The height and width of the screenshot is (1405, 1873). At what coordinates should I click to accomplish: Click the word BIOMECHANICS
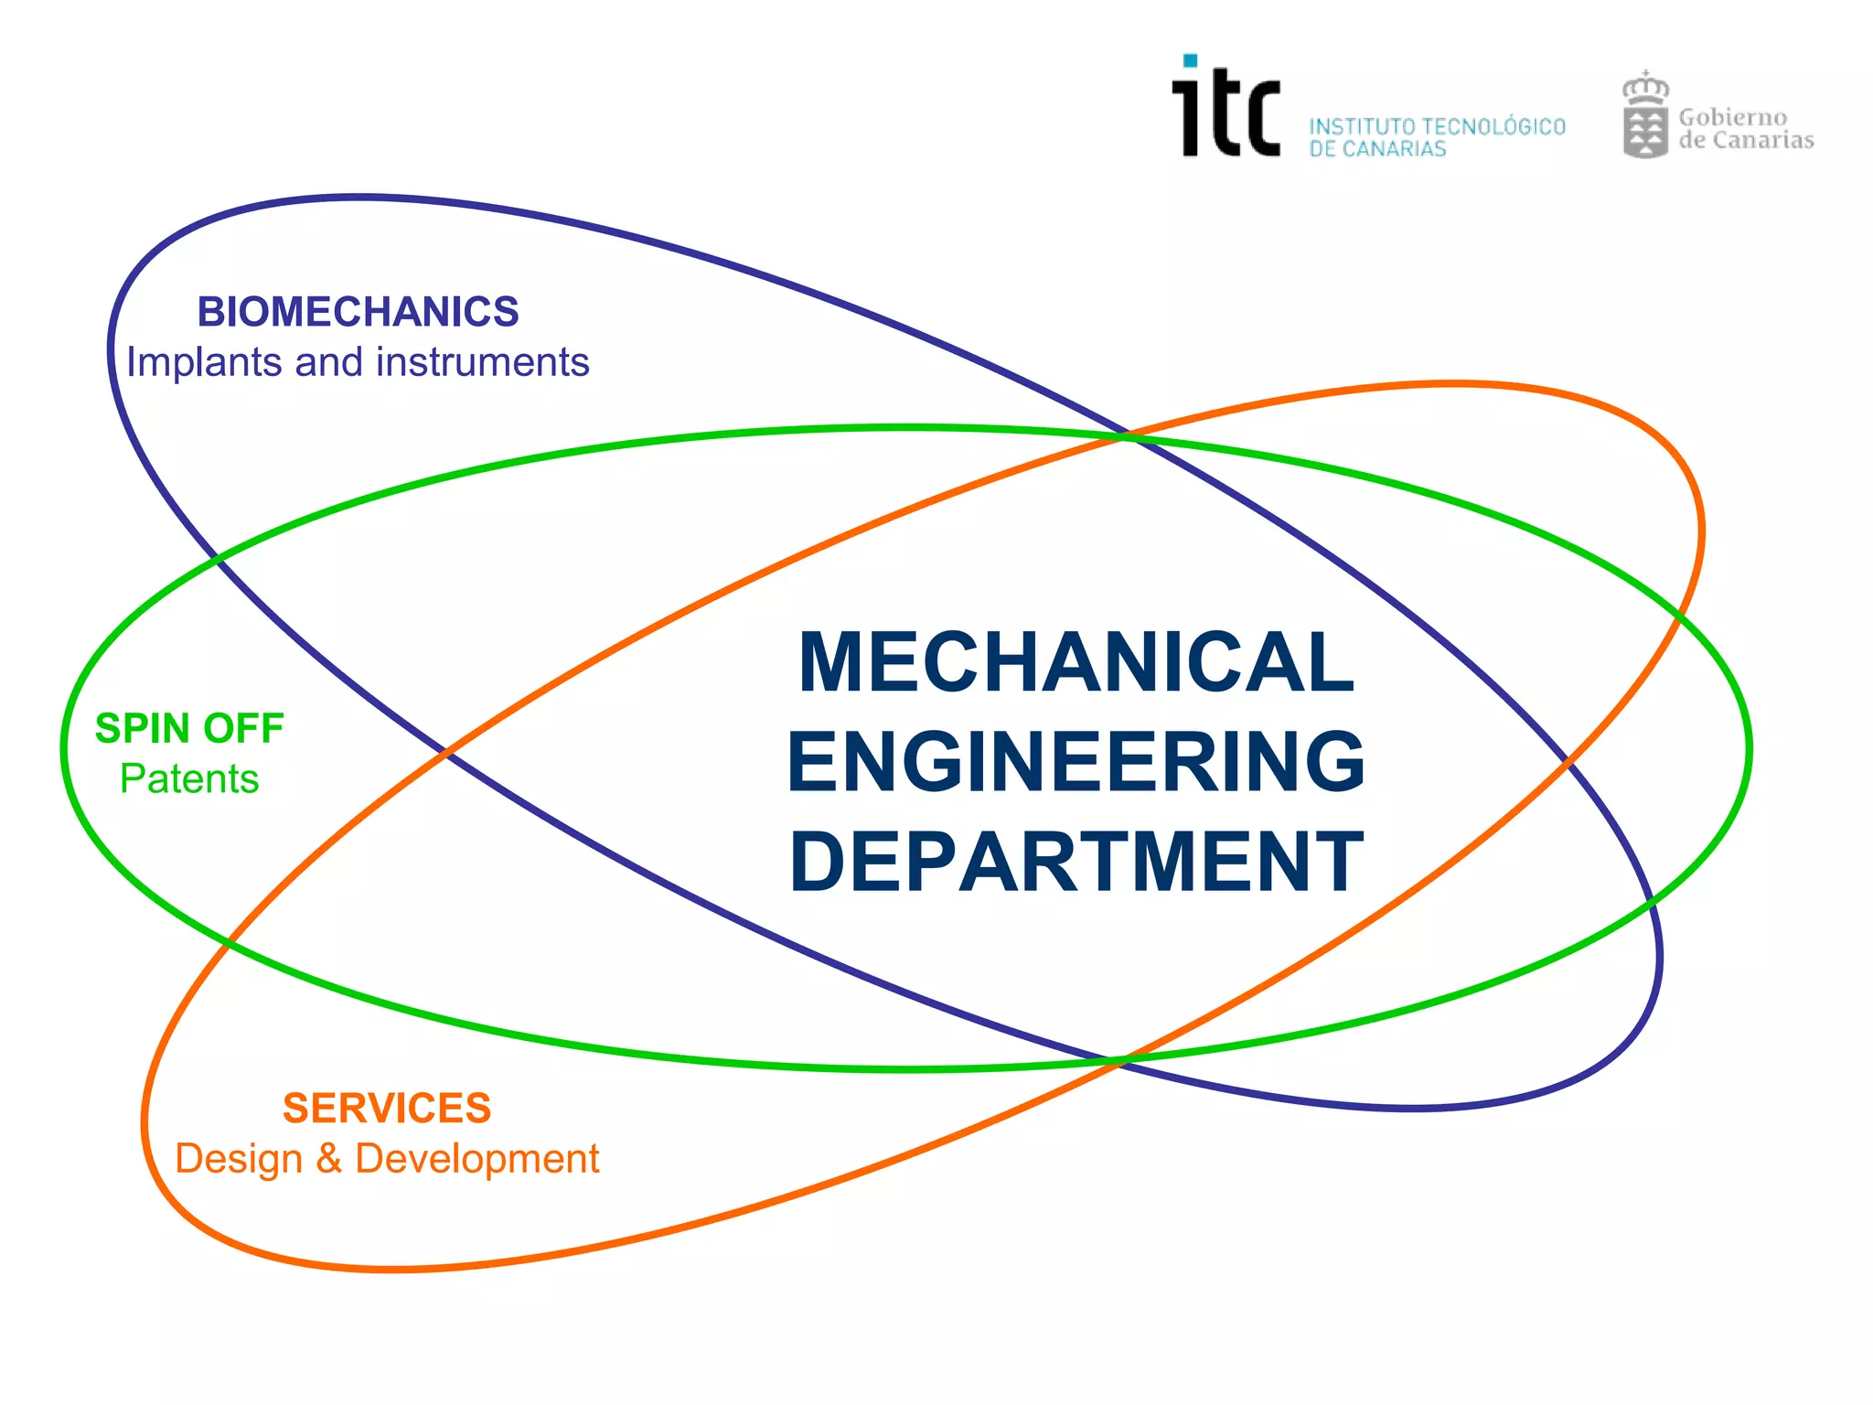point(358,312)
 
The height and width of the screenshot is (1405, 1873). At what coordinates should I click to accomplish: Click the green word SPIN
point(143,729)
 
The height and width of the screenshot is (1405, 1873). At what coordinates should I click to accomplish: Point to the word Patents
point(189,779)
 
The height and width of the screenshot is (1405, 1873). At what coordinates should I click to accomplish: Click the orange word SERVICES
point(387,1109)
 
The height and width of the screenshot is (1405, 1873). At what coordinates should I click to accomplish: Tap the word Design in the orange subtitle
point(238,1159)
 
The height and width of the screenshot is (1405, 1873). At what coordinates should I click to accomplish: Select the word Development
point(476,1159)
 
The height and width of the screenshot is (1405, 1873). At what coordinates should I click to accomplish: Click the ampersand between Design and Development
point(329,1159)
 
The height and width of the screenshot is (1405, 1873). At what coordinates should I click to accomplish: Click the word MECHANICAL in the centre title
point(1076,662)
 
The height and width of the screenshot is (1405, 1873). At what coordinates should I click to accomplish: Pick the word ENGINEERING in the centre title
point(1076,761)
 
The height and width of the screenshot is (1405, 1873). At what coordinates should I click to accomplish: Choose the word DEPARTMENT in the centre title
point(1076,861)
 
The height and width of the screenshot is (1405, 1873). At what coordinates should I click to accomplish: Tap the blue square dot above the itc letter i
point(1190,61)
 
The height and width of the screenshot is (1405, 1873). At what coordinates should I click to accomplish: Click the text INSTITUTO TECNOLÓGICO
point(1437,126)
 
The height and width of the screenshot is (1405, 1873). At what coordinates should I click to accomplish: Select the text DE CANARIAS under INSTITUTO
point(1377,149)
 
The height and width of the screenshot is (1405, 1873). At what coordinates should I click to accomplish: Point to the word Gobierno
point(1732,117)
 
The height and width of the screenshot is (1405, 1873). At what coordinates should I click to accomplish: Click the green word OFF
point(243,729)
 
